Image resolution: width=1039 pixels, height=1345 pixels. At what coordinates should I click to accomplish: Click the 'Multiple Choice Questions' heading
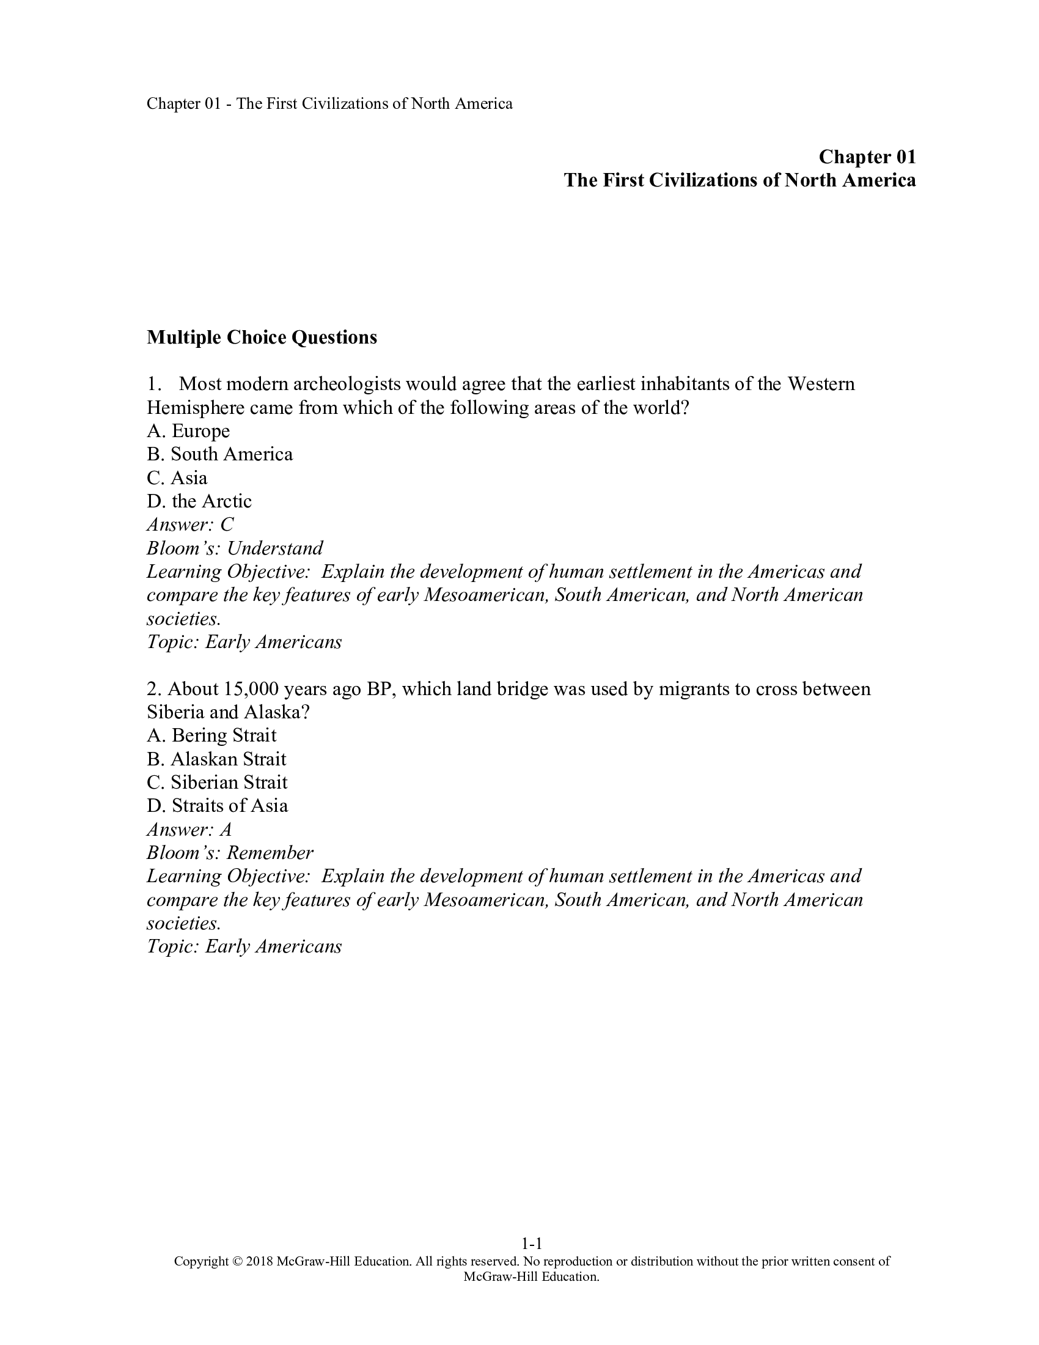[262, 337]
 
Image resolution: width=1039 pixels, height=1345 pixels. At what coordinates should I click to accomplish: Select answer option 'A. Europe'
[188, 431]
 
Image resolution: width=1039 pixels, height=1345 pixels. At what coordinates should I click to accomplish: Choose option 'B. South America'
[220, 454]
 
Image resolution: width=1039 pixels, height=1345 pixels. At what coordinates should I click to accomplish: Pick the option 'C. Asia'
[177, 478]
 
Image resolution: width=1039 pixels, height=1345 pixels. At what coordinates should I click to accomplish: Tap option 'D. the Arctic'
[199, 501]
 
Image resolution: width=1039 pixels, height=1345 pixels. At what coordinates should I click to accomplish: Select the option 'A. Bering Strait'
[211, 735]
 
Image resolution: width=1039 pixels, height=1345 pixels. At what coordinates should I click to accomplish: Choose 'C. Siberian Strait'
[218, 782]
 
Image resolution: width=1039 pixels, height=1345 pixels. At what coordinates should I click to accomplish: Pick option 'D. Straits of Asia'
[218, 806]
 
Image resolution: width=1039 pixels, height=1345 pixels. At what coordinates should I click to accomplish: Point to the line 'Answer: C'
[190, 525]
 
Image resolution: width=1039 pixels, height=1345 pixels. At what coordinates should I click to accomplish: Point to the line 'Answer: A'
[189, 830]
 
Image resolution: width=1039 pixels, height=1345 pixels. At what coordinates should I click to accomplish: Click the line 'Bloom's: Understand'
[235, 548]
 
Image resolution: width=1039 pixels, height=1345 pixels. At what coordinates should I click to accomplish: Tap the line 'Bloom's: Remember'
[230, 853]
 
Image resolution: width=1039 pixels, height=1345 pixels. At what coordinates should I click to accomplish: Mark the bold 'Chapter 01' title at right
[867, 157]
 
